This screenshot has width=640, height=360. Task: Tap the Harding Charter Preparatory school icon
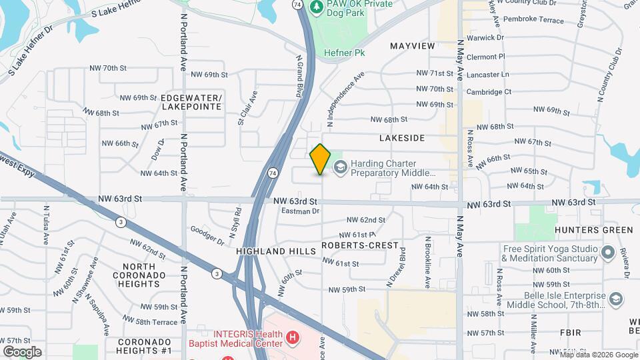pyautogui.click(x=341, y=167)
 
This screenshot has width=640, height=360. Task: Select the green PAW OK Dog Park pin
pyautogui.click(x=317, y=7)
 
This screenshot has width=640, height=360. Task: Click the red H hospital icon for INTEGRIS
pyautogui.click(x=292, y=338)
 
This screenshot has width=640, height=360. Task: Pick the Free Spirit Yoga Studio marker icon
pyautogui.click(x=607, y=253)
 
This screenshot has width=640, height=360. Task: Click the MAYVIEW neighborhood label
pyautogui.click(x=412, y=46)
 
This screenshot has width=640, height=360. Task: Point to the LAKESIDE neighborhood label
pyautogui.click(x=402, y=138)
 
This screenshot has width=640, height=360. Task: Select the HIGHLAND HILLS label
pyautogui.click(x=275, y=251)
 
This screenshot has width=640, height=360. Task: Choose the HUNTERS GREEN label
pyautogui.click(x=593, y=230)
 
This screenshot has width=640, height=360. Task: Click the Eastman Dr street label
pyautogui.click(x=301, y=211)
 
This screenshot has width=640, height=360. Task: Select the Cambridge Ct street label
pyautogui.click(x=489, y=92)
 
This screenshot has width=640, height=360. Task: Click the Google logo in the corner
pyautogui.click(x=22, y=351)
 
